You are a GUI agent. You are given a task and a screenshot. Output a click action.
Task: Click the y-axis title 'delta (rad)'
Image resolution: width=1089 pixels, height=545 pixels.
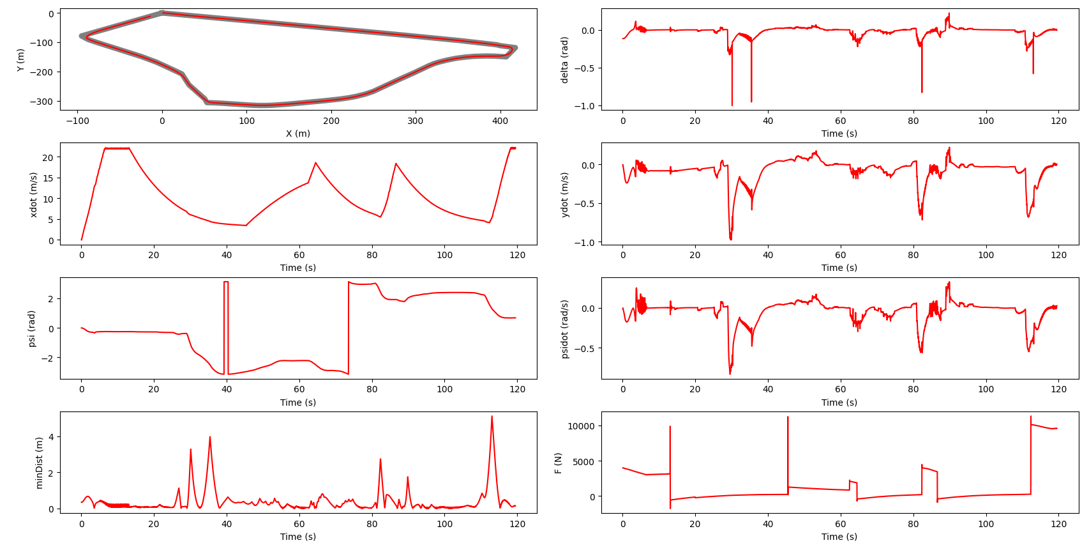click(x=564, y=59)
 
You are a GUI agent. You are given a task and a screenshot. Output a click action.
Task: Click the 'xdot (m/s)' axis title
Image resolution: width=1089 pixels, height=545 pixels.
click(x=33, y=194)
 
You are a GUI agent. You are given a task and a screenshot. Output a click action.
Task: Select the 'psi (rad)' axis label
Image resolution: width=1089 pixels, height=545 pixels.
click(x=31, y=328)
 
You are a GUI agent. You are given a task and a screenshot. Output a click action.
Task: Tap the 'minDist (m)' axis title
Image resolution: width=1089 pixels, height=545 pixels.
click(x=39, y=463)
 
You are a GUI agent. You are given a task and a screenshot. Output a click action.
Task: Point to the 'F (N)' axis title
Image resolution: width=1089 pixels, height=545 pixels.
click(x=558, y=463)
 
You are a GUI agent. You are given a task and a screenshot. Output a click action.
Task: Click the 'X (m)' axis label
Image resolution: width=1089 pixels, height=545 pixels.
click(x=298, y=134)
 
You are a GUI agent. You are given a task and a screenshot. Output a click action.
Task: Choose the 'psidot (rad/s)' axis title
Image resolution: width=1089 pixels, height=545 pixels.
click(x=564, y=328)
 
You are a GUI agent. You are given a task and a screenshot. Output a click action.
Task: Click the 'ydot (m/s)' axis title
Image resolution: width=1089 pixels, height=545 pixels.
click(x=564, y=194)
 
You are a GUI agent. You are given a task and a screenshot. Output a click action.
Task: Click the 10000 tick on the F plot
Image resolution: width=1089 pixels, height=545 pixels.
click(x=580, y=426)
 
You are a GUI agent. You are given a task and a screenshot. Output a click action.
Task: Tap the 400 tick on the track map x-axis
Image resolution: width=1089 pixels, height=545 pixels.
click(x=500, y=121)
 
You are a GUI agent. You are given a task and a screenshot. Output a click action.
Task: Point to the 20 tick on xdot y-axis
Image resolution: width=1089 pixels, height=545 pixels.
click(x=48, y=157)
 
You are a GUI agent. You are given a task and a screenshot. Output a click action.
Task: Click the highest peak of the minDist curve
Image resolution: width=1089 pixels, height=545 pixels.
click(x=492, y=417)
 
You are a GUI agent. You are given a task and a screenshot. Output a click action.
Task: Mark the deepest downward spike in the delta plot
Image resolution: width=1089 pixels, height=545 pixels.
click(x=732, y=105)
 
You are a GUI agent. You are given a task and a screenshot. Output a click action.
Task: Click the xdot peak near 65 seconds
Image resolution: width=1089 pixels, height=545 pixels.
click(x=315, y=163)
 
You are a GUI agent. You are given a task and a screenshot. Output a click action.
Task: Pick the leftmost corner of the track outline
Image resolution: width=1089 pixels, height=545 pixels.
click(x=81, y=36)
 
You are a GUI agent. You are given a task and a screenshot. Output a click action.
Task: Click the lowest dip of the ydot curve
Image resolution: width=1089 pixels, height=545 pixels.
click(x=731, y=239)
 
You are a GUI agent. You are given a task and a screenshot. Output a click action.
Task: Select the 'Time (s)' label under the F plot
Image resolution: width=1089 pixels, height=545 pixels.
click(x=839, y=537)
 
